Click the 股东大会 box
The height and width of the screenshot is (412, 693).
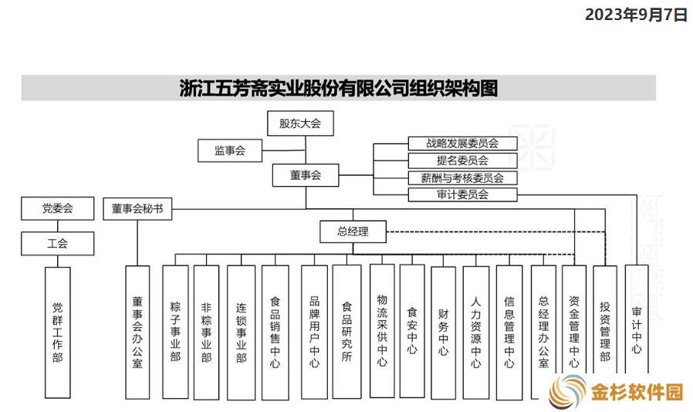tap(300, 123)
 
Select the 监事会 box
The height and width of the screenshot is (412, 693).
tap(230, 150)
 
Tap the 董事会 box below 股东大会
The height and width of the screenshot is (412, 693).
tap(306, 175)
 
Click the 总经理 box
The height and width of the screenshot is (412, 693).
tap(353, 231)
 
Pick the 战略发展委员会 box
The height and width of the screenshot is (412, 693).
tap(462, 144)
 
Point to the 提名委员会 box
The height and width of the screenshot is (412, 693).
tap(462, 160)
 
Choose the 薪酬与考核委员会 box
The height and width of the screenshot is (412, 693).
tap(462, 177)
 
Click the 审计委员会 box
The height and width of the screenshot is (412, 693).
tap(462, 194)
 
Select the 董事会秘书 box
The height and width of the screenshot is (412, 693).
tap(137, 208)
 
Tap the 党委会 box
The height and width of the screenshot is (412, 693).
tap(57, 208)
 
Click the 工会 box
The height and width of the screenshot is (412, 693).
tap(57, 243)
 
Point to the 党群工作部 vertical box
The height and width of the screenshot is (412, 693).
tap(57, 333)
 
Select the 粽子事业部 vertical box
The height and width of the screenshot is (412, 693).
tap(175, 332)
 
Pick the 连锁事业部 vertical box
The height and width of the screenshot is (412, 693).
tap(241, 333)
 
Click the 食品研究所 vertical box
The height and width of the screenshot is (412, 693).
tap(347, 332)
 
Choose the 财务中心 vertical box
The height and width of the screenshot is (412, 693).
tap(443, 333)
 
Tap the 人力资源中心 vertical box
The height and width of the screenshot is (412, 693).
tap(476, 333)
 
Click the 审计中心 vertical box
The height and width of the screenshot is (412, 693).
tap(637, 319)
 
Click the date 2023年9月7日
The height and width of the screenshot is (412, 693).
tap(637, 15)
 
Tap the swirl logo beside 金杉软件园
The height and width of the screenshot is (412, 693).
tap(568, 391)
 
